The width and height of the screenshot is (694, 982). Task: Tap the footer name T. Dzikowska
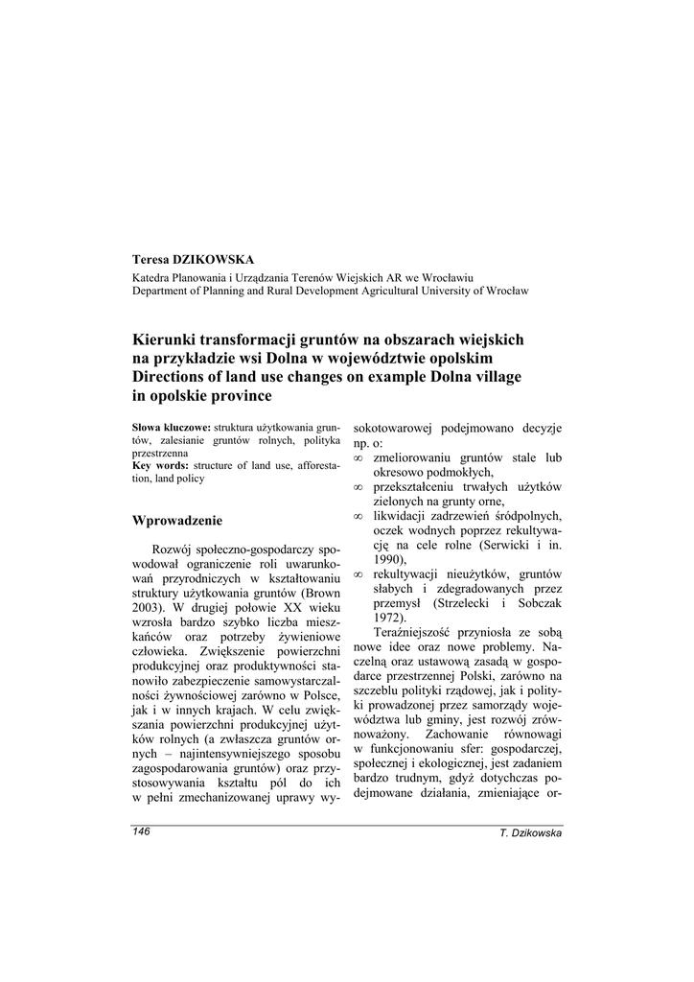coord(531,833)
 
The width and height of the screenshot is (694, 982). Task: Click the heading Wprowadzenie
coord(177,521)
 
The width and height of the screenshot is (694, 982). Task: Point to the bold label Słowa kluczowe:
coord(171,427)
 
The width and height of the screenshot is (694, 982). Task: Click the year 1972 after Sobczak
coord(389,619)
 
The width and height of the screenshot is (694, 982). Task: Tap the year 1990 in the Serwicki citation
coord(389,559)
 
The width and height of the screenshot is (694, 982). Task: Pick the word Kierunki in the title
coord(167,339)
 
